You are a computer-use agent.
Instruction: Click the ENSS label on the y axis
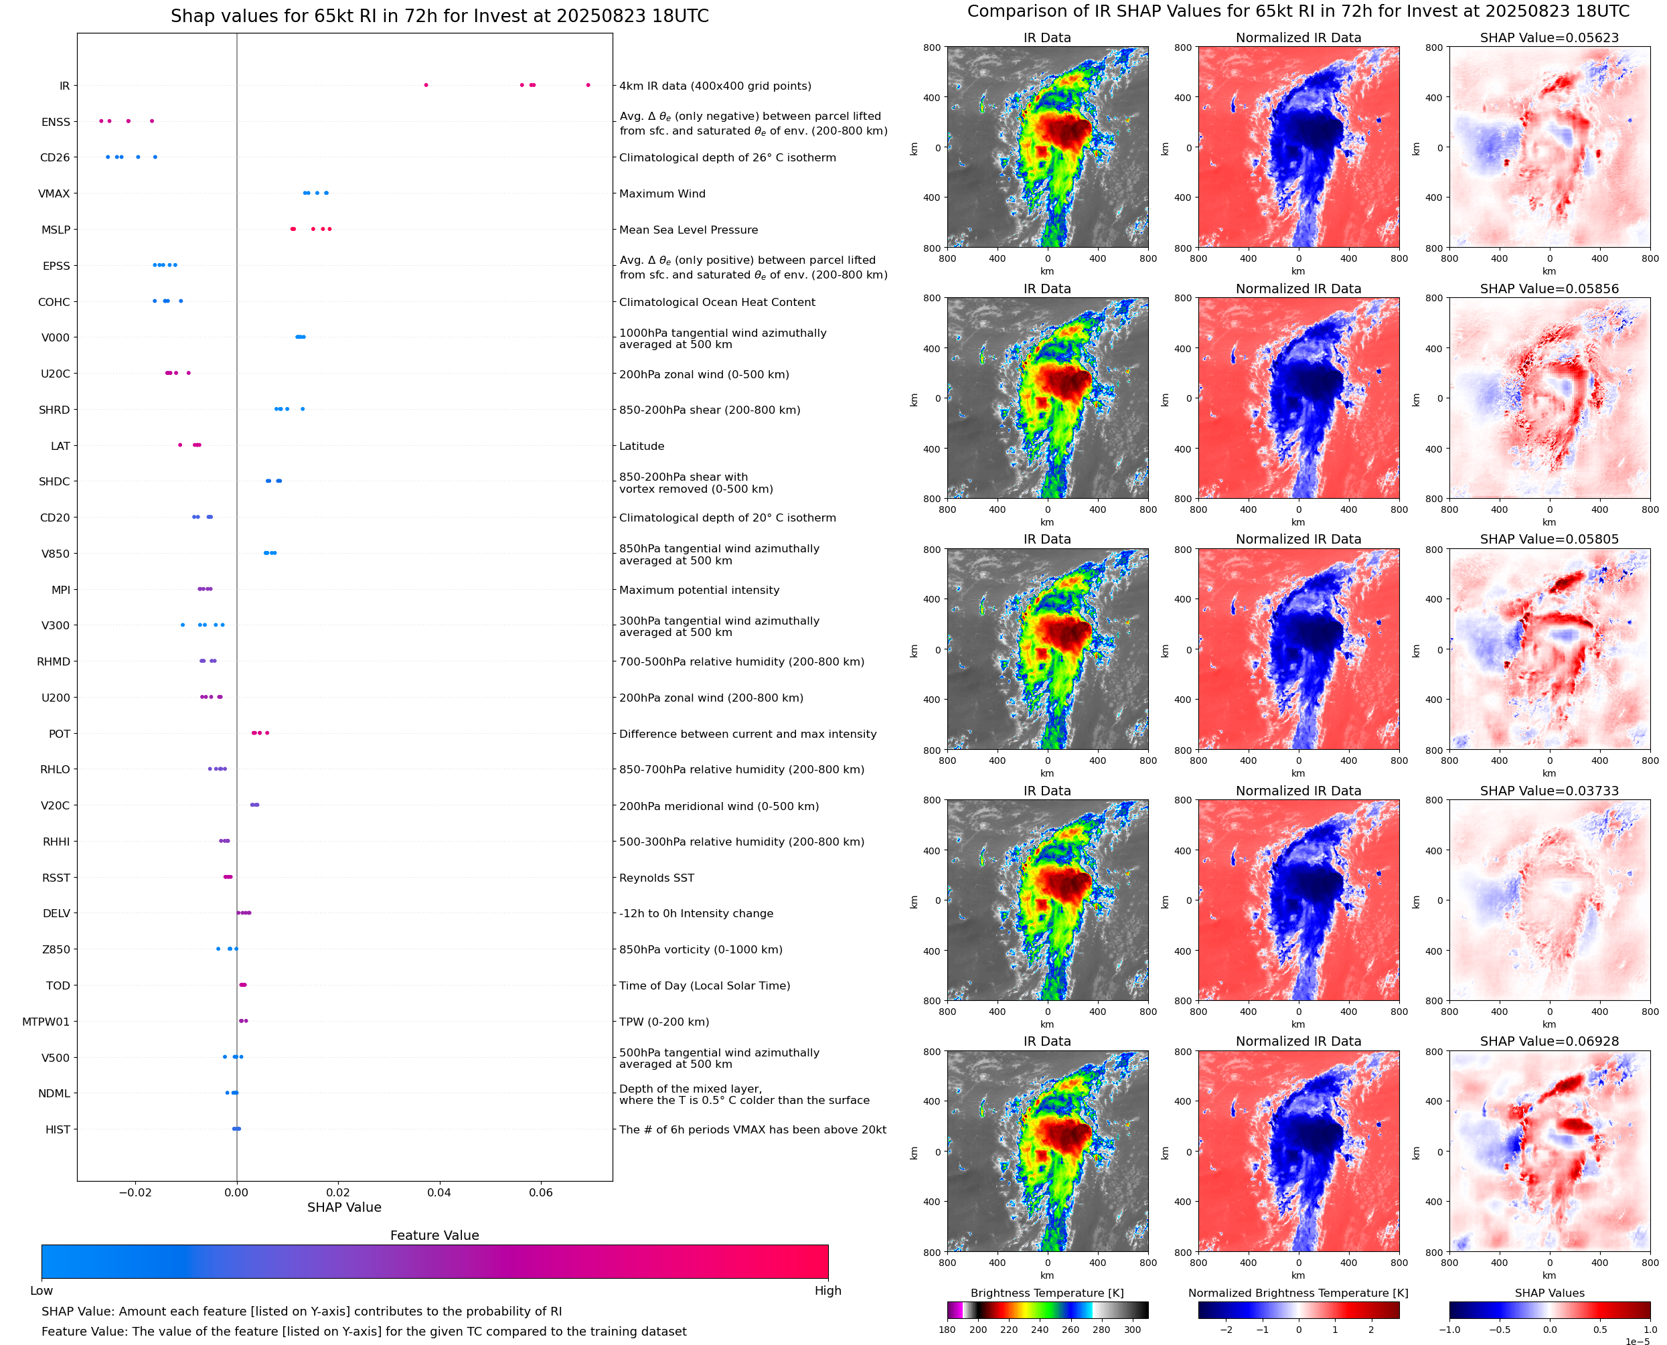[x=55, y=122]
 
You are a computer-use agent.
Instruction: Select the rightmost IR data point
[x=588, y=85]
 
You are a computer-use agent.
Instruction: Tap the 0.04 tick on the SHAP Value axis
[x=439, y=1192]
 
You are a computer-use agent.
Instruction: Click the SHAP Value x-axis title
[x=344, y=1207]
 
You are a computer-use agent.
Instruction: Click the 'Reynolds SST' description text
[x=656, y=878]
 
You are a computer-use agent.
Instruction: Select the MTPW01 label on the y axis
[x=46, y=1021]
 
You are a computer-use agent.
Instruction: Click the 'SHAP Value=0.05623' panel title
[x=1549, y=37]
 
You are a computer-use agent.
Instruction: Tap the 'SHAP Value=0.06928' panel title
[x=1549, y=1041]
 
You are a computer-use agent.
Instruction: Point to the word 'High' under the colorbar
[x=827, y=1291]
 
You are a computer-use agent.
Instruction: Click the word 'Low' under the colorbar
[x=41, y=1291]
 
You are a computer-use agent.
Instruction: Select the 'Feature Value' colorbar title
[x=434, y=1235]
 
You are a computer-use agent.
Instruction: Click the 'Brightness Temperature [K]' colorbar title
[x=1046, y=1293]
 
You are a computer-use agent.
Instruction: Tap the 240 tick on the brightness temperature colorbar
[x=1040, y=1330]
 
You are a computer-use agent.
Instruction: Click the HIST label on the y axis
[x=58, y=1129]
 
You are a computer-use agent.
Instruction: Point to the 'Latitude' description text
[x=641, y=447]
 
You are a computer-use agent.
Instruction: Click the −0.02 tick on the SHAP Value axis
[x=135, y=1192]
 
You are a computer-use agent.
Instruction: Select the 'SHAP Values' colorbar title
[x=1549, y=1293]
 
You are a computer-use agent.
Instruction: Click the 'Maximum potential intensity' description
[x=699, y=590]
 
